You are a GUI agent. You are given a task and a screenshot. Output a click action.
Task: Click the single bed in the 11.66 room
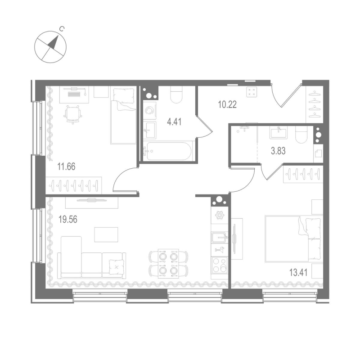[124, 115]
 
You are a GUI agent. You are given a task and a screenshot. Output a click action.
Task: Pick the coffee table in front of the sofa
[106, 234]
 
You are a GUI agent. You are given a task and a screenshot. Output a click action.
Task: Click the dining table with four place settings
[164, 263]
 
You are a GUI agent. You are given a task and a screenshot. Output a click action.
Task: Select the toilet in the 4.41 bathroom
[176, 95]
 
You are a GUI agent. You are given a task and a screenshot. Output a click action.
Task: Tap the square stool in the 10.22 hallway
[252, 92]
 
